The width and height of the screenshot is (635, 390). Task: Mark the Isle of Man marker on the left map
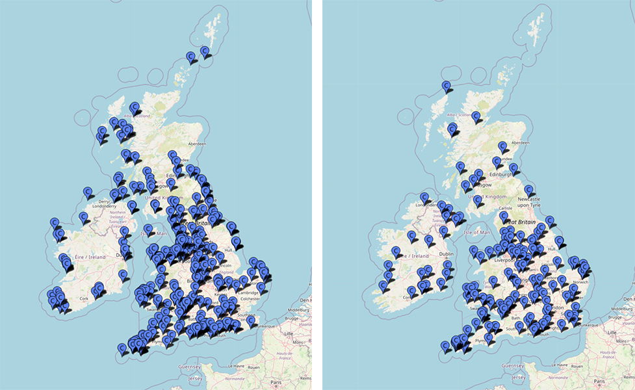pos(148,229)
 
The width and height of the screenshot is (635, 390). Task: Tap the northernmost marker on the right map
pos(447,85)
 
